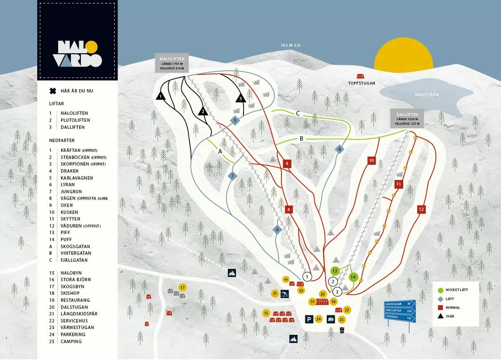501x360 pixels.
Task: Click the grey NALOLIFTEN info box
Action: (172, 64)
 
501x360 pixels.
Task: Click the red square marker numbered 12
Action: (421, 209)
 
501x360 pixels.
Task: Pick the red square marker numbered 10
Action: (371, 160)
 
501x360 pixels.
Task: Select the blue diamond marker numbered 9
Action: (339, 149)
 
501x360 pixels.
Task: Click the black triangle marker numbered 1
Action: (160, 96)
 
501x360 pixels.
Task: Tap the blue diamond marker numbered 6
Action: (277, 230)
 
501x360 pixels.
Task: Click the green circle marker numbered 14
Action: (353, 277)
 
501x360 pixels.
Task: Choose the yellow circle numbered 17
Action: (182, 287)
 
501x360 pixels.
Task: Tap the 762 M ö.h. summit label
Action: (291, 45)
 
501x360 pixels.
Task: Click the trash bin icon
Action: (342, 330)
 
